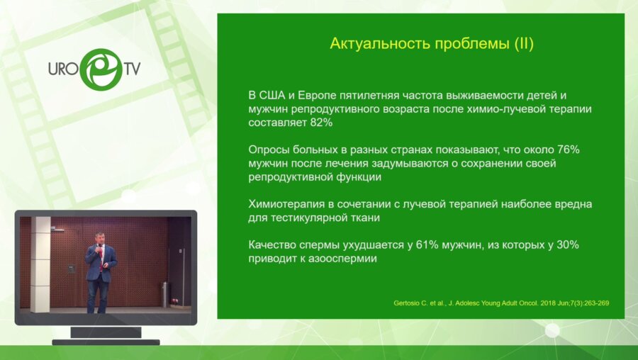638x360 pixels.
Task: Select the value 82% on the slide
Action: point(321,123)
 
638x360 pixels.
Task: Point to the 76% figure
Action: point(568,150)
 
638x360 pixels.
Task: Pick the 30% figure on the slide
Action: point(567,245)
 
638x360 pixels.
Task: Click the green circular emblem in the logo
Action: point(101,69)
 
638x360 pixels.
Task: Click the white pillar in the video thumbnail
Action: point(40,264)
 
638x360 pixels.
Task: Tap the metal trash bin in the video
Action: point(164,294)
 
